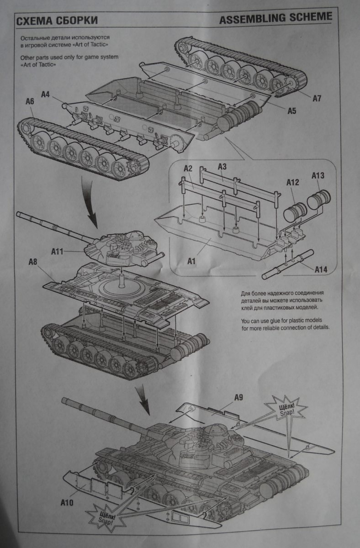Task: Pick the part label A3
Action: click(x=222, y=168)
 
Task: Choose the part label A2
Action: click(x=188, y=169)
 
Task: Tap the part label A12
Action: click(x=292, y=183)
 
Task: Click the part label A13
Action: click(x=318, y=175)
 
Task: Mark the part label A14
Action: click(x=321, y=269)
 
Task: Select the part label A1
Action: click(x=192, y=261)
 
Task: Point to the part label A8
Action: click(x=33, y=262)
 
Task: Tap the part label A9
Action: click(x=238, y=397)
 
